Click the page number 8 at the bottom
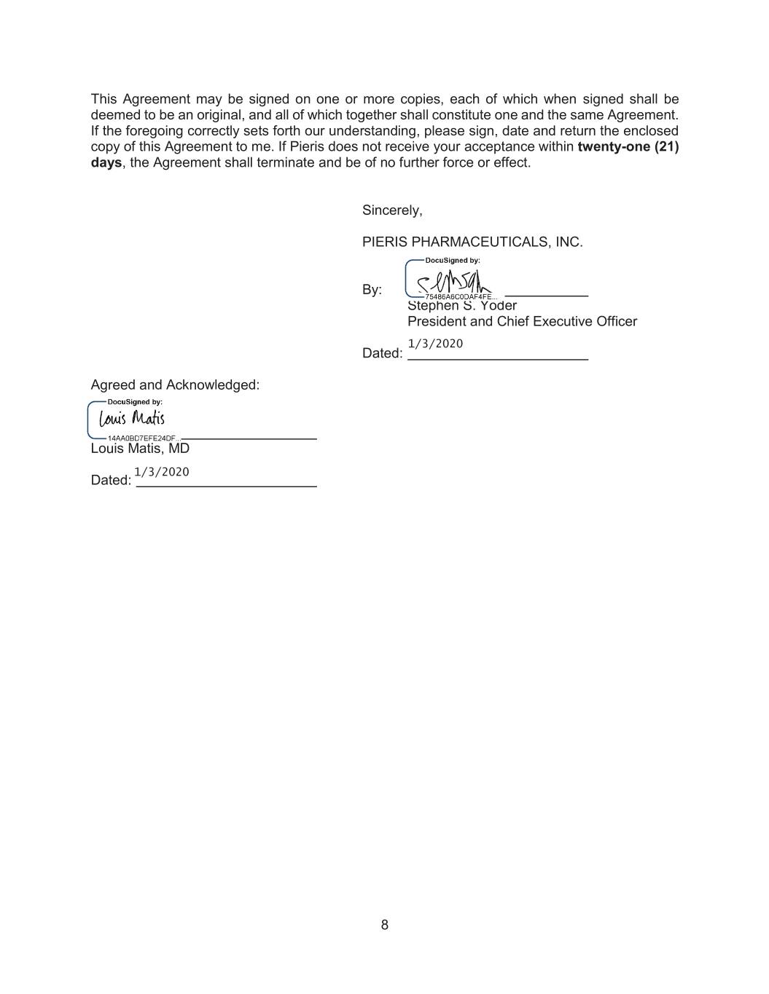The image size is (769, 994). click(384, 925)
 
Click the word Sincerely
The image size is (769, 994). click(391, 210)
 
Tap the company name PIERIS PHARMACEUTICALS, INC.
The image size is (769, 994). click(472, 242)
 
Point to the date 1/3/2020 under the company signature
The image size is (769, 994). click(435, 344)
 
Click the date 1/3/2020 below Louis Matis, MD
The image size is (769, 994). click(162, 472)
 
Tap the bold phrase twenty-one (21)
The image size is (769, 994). click(628, 146)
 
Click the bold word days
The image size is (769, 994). click(106, 162)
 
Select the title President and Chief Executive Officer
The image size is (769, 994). click(522, 321)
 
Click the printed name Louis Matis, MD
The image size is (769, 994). click(140, 449)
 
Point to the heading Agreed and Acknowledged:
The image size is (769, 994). click(175, 384)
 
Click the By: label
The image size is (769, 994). click(372, 290)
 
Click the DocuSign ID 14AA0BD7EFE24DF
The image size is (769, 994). click(142, 438)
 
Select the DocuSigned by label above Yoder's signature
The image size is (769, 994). click(452, 260)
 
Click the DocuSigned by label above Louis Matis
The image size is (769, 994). click(135, 402)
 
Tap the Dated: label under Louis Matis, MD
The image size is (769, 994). click(111, 481)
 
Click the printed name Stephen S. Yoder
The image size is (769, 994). click(462, 307)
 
